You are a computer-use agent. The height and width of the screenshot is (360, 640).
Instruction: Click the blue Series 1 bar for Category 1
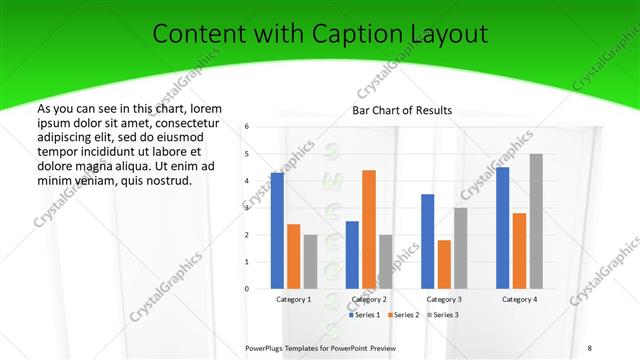pyautogui.click(x=277, y=231)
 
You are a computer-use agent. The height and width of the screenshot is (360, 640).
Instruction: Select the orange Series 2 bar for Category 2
pyautogui.click(x=369, y=230)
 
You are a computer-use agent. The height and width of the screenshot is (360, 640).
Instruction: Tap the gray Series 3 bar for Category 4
pyautogui.click(x=536, y=222)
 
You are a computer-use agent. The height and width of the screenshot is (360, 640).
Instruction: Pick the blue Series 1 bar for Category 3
pyautogui.click(x=428, y=242)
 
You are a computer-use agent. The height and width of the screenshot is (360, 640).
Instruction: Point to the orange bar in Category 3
pyautogui.click(x=444, y=265)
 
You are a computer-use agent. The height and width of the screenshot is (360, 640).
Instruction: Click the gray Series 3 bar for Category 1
pyautogui.click(x=311, y=262)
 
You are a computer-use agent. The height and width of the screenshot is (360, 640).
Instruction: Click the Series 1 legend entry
pyautogui.click(x=365, y=315)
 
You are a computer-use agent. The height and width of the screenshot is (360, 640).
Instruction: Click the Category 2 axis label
pyautogui.click(x=369, y=299)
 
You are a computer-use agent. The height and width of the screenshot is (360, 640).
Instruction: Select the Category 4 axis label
pyautogui.click(x=519, y=299)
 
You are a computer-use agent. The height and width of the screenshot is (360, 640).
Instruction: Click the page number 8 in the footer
pyautogui.click(x=589, y=347)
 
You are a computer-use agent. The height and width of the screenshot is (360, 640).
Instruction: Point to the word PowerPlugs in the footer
pyautogui.click(x=264, y=347)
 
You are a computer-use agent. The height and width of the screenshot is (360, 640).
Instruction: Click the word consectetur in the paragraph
pyautogui.click(x=183, y=123)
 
